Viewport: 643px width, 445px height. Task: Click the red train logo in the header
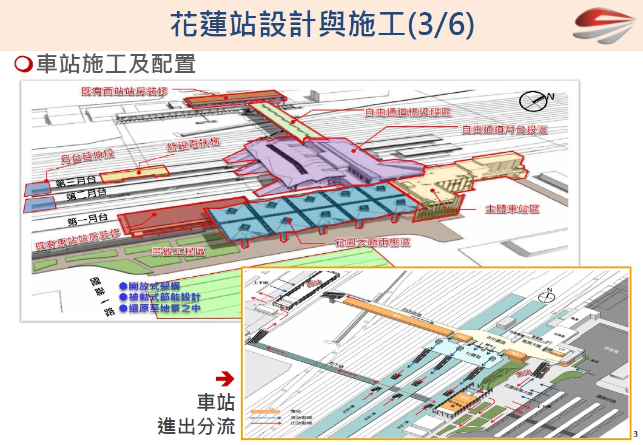coord(604,25)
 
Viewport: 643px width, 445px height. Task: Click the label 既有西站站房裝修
coord(124,91)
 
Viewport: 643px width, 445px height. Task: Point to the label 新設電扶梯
coord(193,146)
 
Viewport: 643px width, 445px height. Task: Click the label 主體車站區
coord(513,209)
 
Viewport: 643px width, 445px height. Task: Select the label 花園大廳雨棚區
coord(372,242)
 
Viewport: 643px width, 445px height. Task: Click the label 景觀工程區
coord(178,251)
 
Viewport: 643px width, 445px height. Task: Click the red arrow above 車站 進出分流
coord(225,379)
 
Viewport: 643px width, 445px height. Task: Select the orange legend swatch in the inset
coord(265,411)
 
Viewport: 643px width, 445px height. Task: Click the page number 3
coord(635,434)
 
